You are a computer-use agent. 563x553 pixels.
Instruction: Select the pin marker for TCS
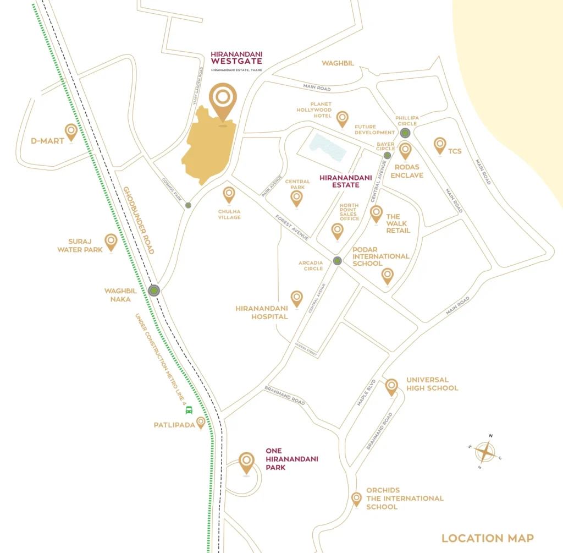point(440,145)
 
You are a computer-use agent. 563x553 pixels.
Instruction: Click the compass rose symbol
point(485,452)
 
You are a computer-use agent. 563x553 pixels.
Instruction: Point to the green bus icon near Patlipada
point(189,409)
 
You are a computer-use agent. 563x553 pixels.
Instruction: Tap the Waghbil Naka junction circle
point(154,291)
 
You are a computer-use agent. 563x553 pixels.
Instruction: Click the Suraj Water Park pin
point(111,241)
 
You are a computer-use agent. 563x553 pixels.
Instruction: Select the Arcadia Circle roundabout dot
point(338,261)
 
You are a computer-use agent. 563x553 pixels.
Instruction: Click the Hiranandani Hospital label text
point(262,313)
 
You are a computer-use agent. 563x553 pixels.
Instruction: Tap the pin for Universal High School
point(391,386)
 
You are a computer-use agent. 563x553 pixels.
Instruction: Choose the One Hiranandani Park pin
point(247,462)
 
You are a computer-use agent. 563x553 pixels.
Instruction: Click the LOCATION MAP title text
point(488,538)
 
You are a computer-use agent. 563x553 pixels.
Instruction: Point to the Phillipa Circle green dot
point(405,133)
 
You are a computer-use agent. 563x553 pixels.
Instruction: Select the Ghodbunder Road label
point(139,220)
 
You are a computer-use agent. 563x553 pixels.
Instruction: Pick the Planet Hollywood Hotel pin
point(343,118)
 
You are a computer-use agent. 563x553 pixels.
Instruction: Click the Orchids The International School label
point(405,499)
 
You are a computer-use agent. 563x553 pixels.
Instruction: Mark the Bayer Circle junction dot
point(388,156)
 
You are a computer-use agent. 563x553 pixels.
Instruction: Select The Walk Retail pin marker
point(376,213)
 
